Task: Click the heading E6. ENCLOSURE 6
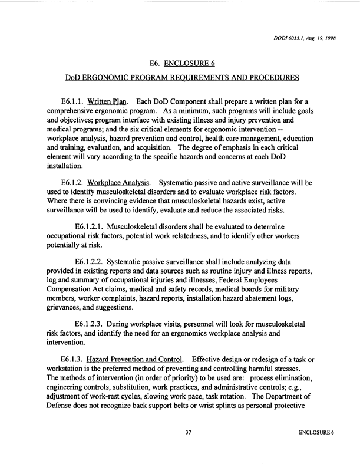tap(180, 65)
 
